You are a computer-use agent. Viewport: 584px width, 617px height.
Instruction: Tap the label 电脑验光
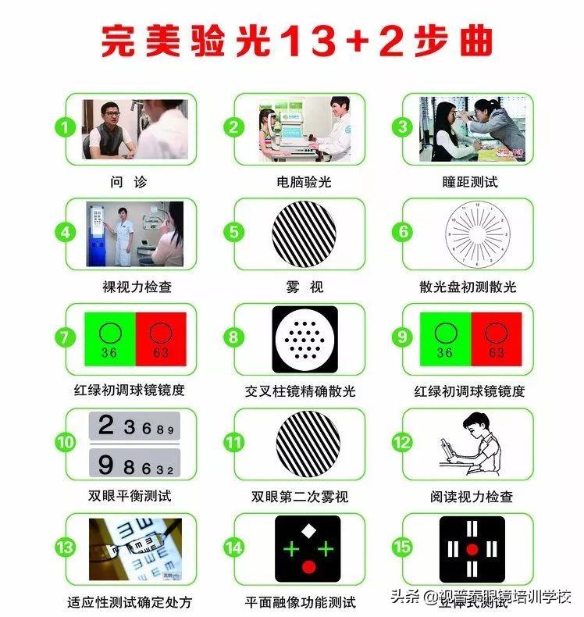[x=304, y=181]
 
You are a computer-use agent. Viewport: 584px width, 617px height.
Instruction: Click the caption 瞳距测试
[x=469, y=181]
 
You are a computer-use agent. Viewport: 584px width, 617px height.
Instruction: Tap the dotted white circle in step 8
[x=304, y=339]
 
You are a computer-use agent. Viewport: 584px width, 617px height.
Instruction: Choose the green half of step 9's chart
[x=444, y=340]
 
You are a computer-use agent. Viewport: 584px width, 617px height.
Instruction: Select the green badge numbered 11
[x=234, y=442]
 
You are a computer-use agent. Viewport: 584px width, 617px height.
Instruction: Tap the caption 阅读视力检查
[x=472, y=495]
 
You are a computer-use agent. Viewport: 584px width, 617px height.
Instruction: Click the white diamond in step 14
[x=308, y=531]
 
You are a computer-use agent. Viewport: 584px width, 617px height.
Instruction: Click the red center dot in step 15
[x=472, y=549]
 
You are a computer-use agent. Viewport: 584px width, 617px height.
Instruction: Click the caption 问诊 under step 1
[x=129, y=181]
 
